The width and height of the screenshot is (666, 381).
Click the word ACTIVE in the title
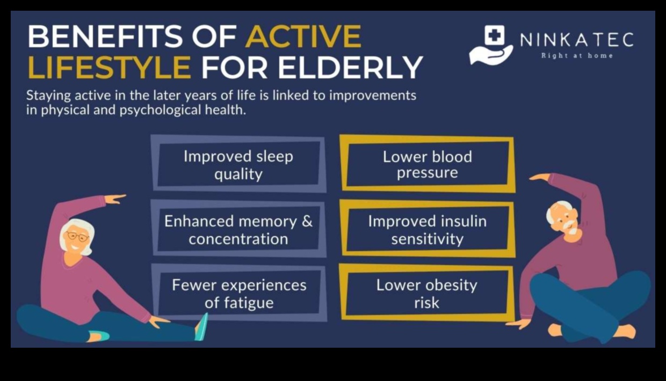pyautogui.click(x=303, y=37)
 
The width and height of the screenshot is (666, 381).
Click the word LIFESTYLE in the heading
pyautogui.click(x=109, y=68)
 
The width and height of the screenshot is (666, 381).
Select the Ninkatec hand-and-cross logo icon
pyautogui.click(x=491, y=45)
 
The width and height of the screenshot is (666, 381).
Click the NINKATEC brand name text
pyautogui.click(x=576, y=40)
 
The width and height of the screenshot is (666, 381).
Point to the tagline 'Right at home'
pyautogui.click(x=576, y=55)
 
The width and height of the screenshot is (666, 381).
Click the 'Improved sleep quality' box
pyautogui.click(x=238, y=165)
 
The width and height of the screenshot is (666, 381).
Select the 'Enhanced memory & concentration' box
pyautogui.click(x=238, y=230)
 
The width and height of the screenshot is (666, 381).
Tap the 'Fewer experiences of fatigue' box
pyautogui.click(x=238, y=294)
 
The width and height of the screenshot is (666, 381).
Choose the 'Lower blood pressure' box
pyautogui.click(x=428, y=164)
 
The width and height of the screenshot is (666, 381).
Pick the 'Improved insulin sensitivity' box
pyautogui.click(x=428, y=230)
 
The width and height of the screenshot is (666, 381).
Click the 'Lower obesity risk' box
pyautogui.click(x=428, y=294)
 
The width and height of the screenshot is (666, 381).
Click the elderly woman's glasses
pyautogui.click(x=77, y=237)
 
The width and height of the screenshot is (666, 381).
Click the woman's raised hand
pyautogui.click(x=114, y=199)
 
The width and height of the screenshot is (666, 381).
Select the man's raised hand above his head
pyautogui.click(x=540, y=177)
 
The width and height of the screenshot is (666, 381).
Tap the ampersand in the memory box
pyautogui.click(x=307, y=222)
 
